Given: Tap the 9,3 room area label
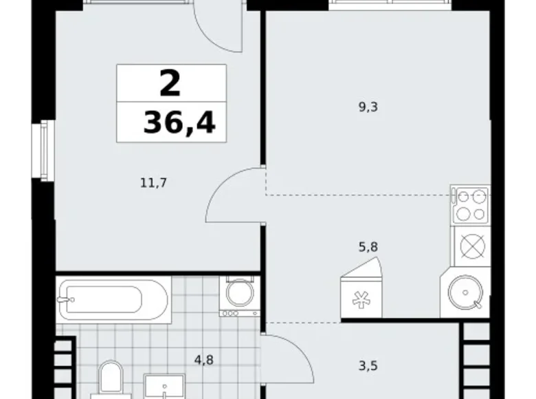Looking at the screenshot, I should (x=369, y=107).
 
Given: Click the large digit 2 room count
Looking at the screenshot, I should (x=170, y=83).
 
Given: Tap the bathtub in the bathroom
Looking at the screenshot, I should (x=113, y=298).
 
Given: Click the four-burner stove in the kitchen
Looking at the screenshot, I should (x=471, y=204).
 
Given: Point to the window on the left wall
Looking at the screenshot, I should (x=45, y=150).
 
